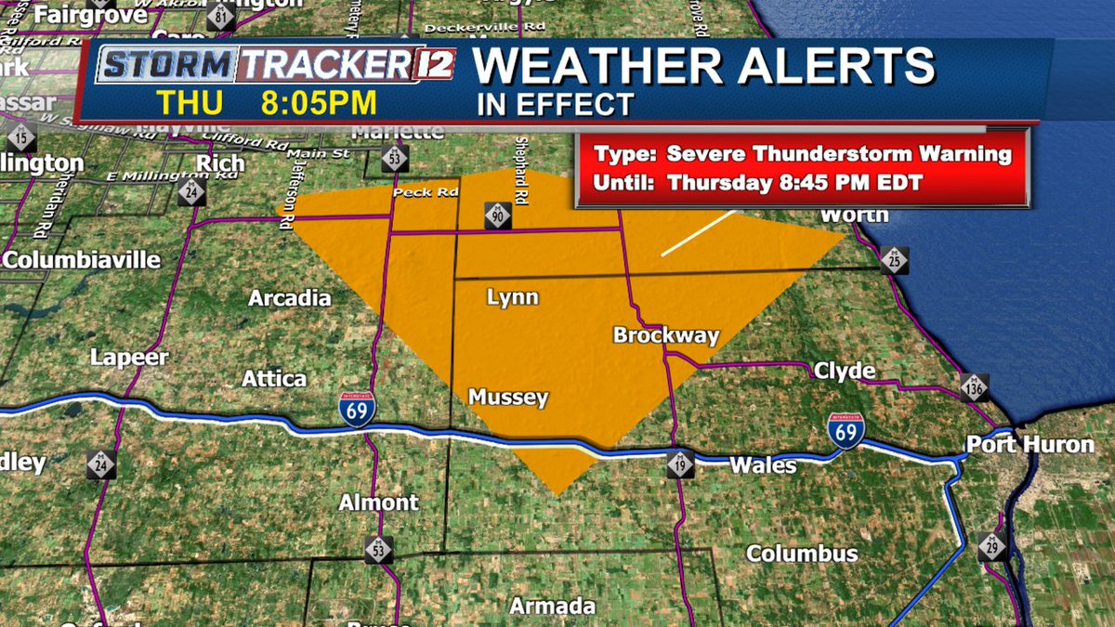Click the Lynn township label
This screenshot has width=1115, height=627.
[x=513, y=297]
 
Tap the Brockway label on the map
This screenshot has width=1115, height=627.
[x=666, y=335]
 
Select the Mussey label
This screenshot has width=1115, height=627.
[x=508, y=398]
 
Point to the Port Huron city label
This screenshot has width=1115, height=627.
[x=1030, y=444]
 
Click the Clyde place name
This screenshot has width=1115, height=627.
[x=845, y=372]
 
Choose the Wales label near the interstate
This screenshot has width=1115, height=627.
[x=763, y=465]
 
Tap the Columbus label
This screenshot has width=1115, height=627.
[x=802, y=554]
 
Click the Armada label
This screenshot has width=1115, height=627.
[x=553, y=607]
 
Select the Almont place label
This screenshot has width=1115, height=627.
[x=378, y=503]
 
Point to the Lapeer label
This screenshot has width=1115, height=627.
[x=129, y=358]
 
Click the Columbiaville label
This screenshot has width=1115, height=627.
[x=82, y=260]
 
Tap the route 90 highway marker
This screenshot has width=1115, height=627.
[x=495, y=216]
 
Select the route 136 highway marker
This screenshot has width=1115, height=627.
[x=973, y=386]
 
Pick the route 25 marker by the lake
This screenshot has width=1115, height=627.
[x=895, y=261]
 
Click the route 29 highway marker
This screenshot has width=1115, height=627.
[x=992, y=545]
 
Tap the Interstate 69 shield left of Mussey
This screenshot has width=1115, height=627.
[x=357, y=410]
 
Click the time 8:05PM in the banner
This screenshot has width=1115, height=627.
[x=319, y=101]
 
